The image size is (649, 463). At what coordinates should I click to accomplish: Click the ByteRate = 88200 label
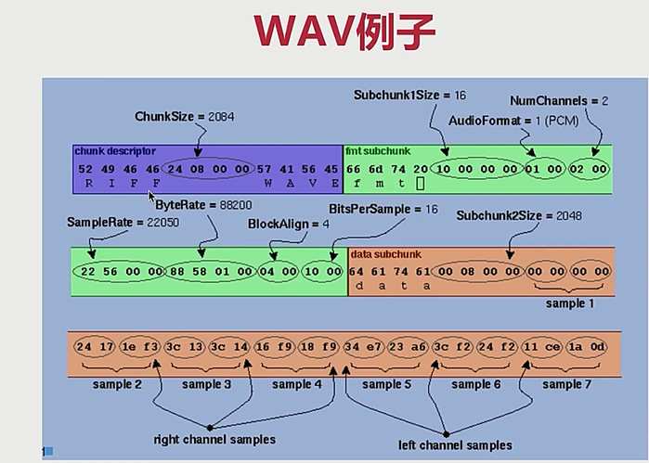tap(202, 204)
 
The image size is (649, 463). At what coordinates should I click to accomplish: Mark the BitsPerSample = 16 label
tap(383, 210)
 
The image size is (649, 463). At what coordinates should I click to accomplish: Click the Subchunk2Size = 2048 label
tap(507, 215)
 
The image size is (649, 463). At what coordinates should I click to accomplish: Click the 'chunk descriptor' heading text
tap(117, 150)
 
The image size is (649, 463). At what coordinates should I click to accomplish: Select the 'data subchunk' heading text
tap(386, 252)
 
